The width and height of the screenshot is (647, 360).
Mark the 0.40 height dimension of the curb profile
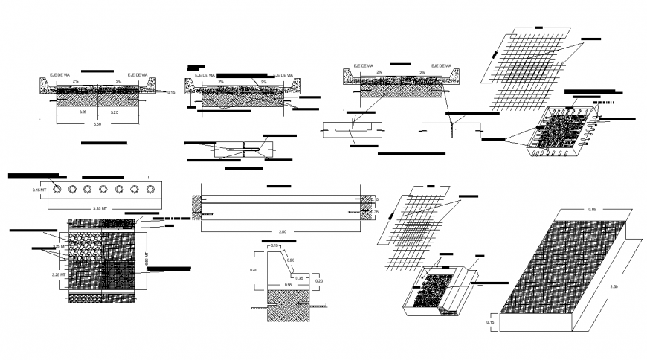pos(254,270)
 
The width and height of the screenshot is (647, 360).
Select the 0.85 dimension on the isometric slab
pos(592,210)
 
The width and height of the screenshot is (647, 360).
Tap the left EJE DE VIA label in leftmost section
pos(59,75)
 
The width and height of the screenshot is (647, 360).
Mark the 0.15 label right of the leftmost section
pos(171,92)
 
